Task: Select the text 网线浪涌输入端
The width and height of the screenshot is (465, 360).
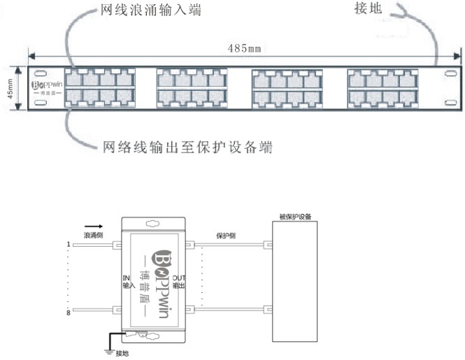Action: click(146, 12)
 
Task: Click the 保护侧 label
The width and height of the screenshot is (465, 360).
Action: click(225, 236)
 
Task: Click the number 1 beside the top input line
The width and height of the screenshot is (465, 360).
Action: click(69, 245)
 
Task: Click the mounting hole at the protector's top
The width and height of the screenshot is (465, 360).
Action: click(152, 223)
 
